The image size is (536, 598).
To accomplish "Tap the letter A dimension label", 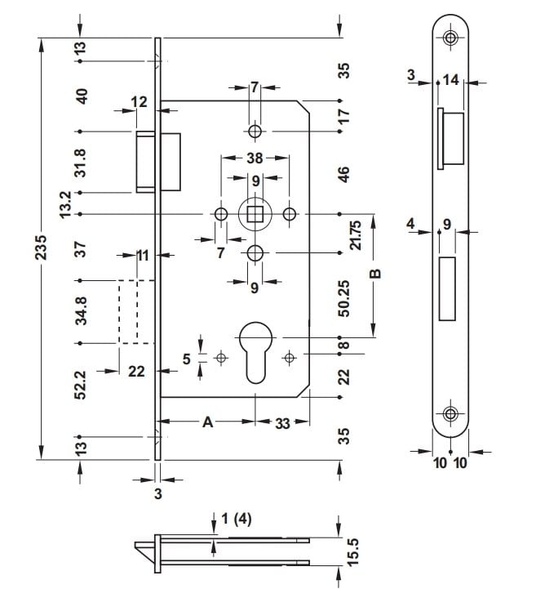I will [207, 422].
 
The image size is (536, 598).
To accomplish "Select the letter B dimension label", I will [375, 274].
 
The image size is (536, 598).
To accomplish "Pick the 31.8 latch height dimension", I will [81, 162].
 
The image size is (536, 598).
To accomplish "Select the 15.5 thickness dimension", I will [354, 550].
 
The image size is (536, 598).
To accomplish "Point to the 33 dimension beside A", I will [282, 422].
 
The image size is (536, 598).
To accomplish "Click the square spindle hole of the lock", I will [255, 215].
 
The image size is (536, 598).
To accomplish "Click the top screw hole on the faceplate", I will [450, 37].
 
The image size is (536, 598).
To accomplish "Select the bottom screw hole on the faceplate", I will [450, 414].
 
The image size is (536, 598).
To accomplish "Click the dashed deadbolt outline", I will [128, 310].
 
